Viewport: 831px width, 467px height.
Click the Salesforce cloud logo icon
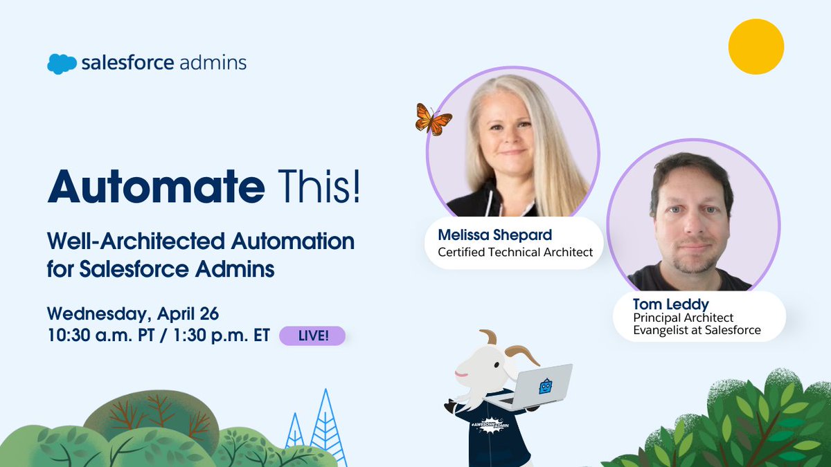62,64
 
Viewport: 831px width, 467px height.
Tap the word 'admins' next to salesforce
213,63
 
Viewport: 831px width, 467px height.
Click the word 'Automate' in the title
156,186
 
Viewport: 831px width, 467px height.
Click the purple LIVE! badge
312,336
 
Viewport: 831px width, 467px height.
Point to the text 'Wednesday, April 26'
133,313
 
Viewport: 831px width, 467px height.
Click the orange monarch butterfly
433,119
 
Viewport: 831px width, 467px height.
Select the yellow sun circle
756,46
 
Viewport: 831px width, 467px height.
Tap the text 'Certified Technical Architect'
515,252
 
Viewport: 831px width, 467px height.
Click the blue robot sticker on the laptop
545,386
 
